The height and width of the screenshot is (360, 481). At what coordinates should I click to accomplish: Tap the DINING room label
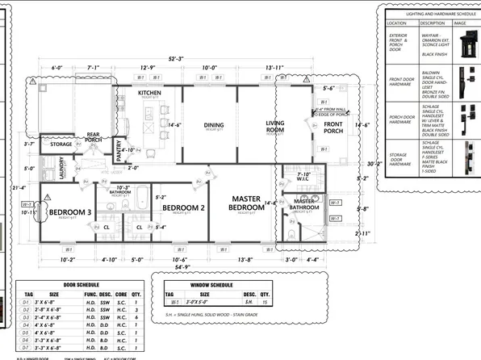coord(214,125)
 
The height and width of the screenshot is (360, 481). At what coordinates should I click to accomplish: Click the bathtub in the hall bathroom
coord(141,197)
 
